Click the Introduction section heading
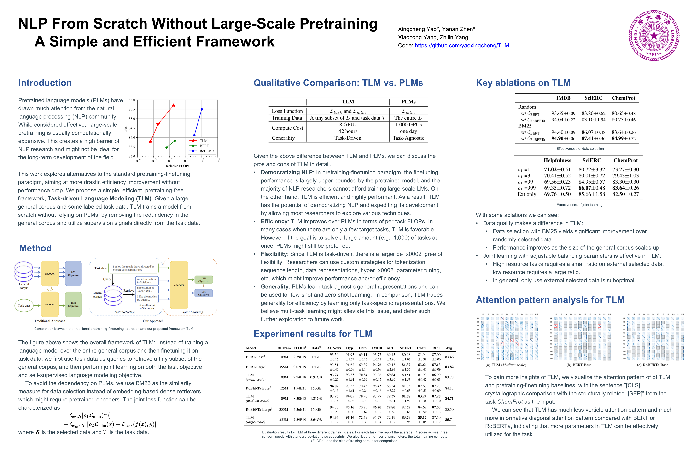point(45,83)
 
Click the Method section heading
point(35,248)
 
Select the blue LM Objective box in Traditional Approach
point(73,273)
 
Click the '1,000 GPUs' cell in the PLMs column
point(408,125)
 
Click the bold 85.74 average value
point(449,420)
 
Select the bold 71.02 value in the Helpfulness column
point(553,169)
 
